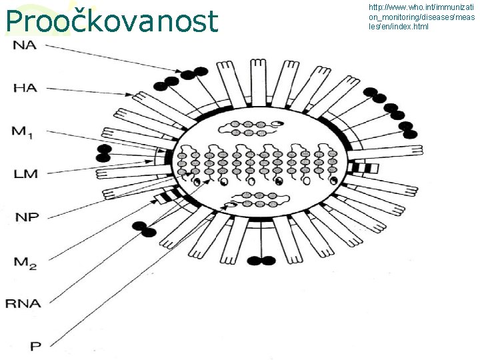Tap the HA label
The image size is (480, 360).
25,87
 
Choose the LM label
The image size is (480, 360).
25,174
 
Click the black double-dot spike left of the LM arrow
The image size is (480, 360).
104,153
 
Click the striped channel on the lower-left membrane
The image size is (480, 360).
173,194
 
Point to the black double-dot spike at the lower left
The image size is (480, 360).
144,229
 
